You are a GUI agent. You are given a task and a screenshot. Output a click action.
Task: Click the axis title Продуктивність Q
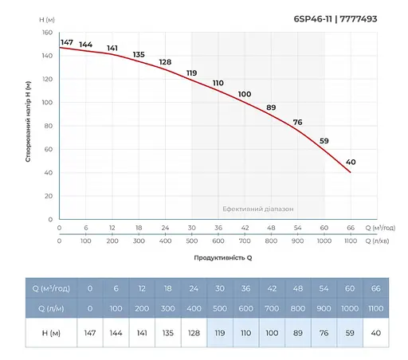coord(223,258)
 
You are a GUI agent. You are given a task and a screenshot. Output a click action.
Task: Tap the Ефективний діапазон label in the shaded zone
coord(257,209)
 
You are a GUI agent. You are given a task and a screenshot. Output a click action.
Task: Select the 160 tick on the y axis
coord(46,33)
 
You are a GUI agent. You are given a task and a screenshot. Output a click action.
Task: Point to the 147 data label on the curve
coord(67,42)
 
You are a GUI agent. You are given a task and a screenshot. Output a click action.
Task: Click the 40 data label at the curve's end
coord(351,162)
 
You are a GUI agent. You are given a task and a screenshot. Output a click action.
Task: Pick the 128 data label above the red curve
coord(165,62)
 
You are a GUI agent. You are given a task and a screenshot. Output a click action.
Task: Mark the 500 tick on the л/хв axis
coord(191,240)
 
